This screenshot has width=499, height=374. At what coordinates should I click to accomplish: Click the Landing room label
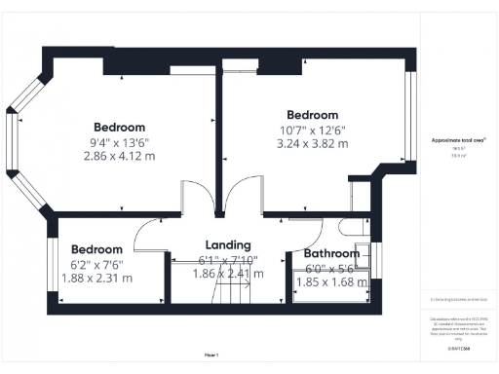227,244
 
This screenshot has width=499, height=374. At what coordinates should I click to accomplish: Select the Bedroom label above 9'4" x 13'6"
120,128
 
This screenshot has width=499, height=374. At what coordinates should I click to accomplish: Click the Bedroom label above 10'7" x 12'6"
312,115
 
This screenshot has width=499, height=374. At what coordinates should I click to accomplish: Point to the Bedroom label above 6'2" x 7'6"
96,249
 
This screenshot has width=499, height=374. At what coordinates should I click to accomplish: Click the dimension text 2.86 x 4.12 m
120,155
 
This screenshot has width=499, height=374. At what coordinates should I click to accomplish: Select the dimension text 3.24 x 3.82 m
312,143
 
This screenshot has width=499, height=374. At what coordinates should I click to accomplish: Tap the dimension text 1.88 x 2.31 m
96,278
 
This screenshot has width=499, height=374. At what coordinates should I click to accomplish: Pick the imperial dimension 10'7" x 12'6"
312,130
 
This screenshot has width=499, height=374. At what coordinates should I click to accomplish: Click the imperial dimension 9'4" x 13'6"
120,141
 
